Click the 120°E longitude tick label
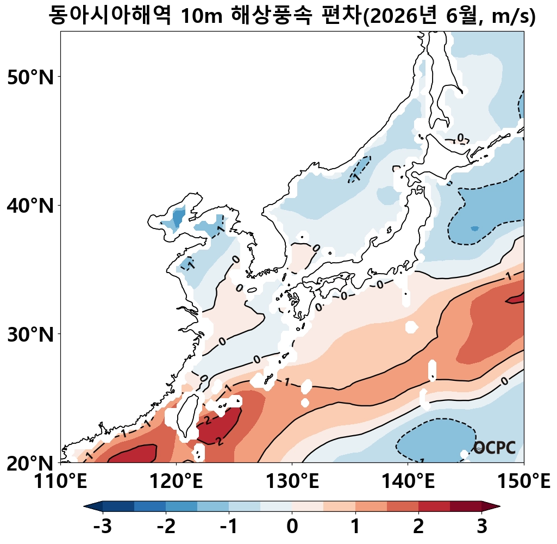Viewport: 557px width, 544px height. [x=177, y=481]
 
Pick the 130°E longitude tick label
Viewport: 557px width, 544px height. [x=292, y=481]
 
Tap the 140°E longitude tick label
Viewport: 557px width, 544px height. [x=408, y=481]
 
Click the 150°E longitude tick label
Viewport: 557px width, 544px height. [x=524, y=481]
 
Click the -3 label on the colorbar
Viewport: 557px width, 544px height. [x=102, y=527]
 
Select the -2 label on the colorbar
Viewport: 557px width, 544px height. [x=165, y=527]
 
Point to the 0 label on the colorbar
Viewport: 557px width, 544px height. [x=292, y=527]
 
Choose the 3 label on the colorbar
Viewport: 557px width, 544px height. [x=481, y=527]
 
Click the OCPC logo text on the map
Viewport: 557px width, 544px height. [x=494, y=448]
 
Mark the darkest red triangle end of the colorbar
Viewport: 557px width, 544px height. [x=492, y=506]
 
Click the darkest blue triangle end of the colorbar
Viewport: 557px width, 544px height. [x=92, y=506]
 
